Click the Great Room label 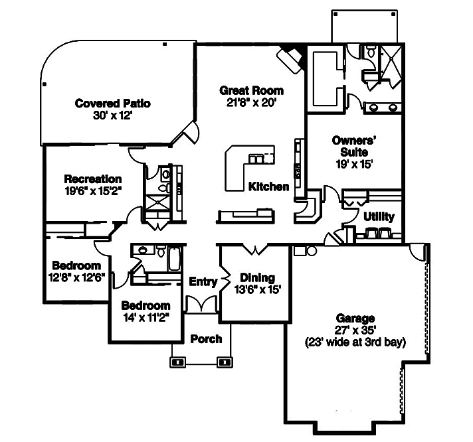click(251, 90)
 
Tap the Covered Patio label click(112, 104)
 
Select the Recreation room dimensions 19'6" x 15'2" click(93, 190)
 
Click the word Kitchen click(268, 186)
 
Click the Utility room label click(379, 216)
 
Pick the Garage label click(355, 319)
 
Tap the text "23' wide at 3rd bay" click(355, 342)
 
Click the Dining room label click(257, 278)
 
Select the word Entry click(203, 281)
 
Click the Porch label click(206, 339)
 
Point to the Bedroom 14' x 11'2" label click(145, 306)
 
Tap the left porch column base click(178, 362)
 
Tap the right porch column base click(226, 362)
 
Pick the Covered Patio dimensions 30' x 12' click(113, 115)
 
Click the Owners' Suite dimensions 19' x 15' click(354, 165)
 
